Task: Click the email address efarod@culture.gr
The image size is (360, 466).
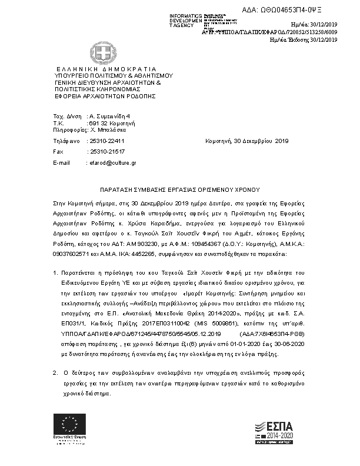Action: click(112, 162)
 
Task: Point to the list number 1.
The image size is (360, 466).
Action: click(55, 272)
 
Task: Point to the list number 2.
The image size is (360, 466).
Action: click(55, 373)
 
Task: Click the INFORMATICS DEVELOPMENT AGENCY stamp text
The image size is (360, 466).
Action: click(185, 20)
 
